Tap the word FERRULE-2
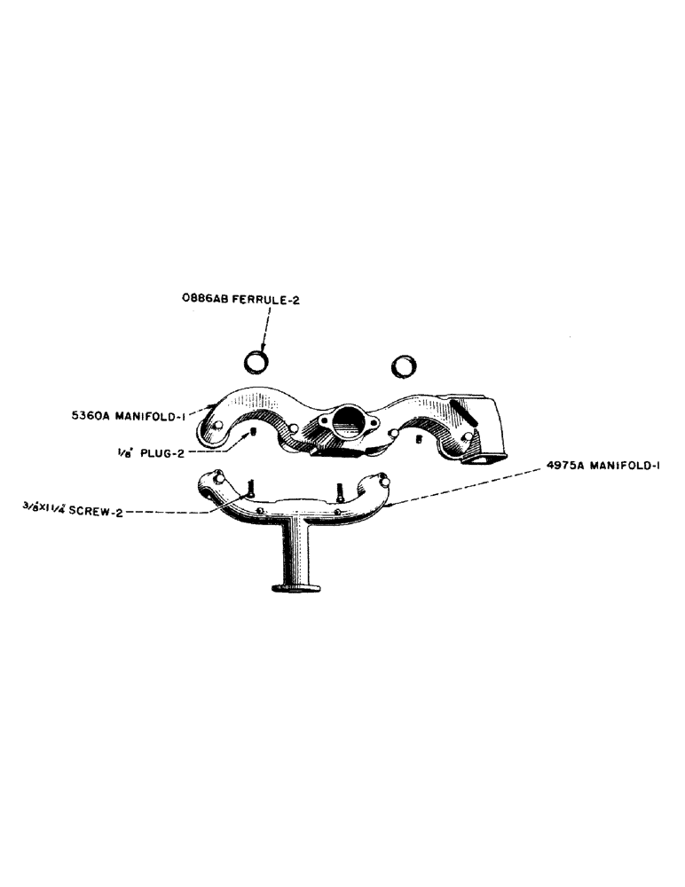tap(264, 301)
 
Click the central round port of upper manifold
tap(346, 419)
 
